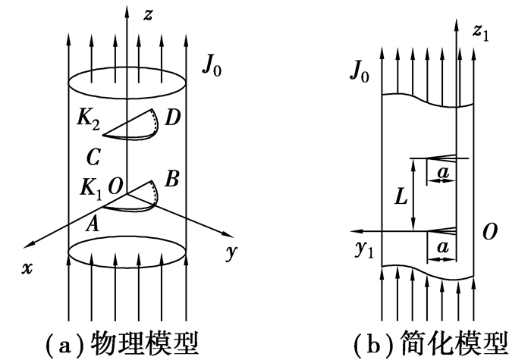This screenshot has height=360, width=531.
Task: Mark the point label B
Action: click(x=171, y=181)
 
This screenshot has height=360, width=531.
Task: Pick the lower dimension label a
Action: click(x=442, y=248)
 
